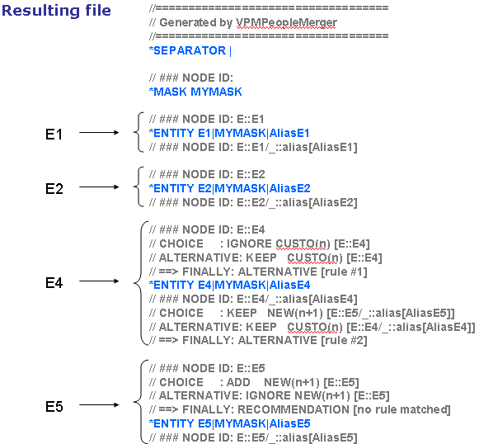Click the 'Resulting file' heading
pyautogui.click(x=56, y=11)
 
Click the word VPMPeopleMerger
pyautogui.click(x=286, y=22)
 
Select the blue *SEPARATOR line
pyautogui.click(x=190, y=50)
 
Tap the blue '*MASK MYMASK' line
pyautogui.click(x=195, y=92)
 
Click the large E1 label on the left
pyautogui.click(x=54, y=135)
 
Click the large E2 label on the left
pyautogui.click(x=54, y=189)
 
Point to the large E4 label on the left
pyautogui.click(x=54, y=283)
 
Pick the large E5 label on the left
pyautogui.click(x=54, y=407)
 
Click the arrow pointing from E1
pyautogui.click(x=99, y=132)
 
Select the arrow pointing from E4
pyautogui.click(x=99, y=281)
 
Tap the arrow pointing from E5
pyautogui.click(x=99, y=405)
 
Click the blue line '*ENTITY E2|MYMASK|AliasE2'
pyautogui.click(x=229, y=188)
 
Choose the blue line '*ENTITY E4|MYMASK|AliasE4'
pyautogui.click(x=229, y=285)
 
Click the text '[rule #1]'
pyautogui.click(x=344, y=272)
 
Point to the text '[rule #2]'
pyautogui.click(x=344, y=340)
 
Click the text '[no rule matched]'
pyautogui.click(x=402, y=409)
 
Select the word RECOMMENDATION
pyautogui.click(x=294, y=409)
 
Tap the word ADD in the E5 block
pyautogui.click(x=238, y=382)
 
